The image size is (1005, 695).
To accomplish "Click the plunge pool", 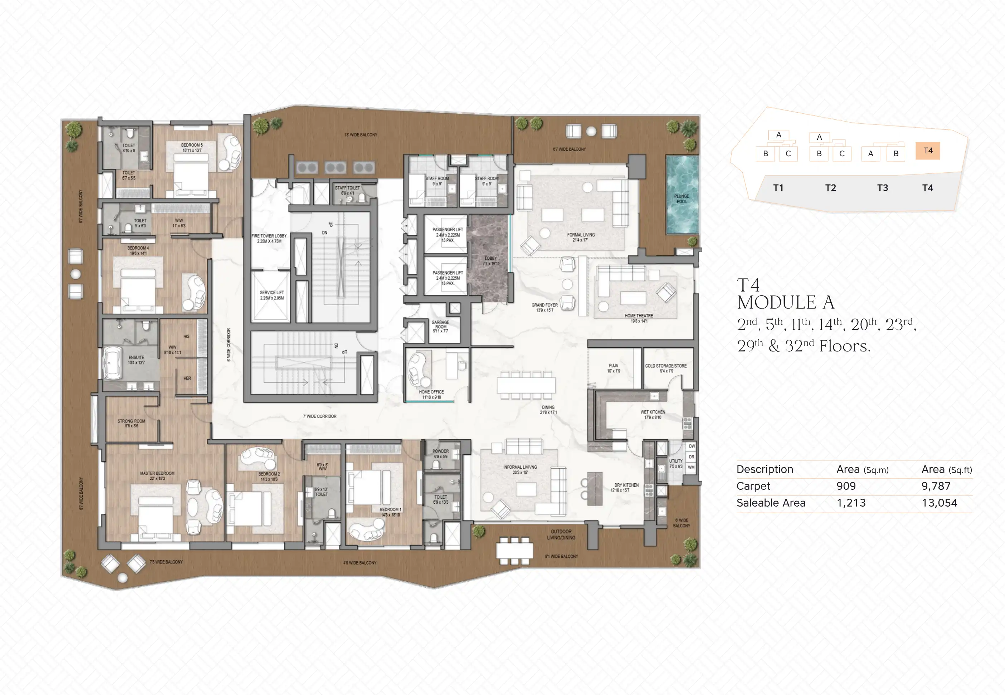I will (681, 195).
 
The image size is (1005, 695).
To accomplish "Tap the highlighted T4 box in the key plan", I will (927, 151).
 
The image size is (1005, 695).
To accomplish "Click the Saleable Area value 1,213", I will (851, 503).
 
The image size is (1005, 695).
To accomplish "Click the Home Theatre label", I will (639, 318).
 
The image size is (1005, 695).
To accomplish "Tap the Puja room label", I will (613, 368).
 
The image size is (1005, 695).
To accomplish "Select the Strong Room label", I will (131, 423).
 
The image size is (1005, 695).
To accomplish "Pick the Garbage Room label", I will (440, 326).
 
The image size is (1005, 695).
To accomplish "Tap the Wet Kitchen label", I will (652, 414).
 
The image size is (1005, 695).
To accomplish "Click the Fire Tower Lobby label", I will (269, 238).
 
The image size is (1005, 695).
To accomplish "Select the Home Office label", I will (431, 394).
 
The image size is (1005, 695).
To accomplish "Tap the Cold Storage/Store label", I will (665, 368).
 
